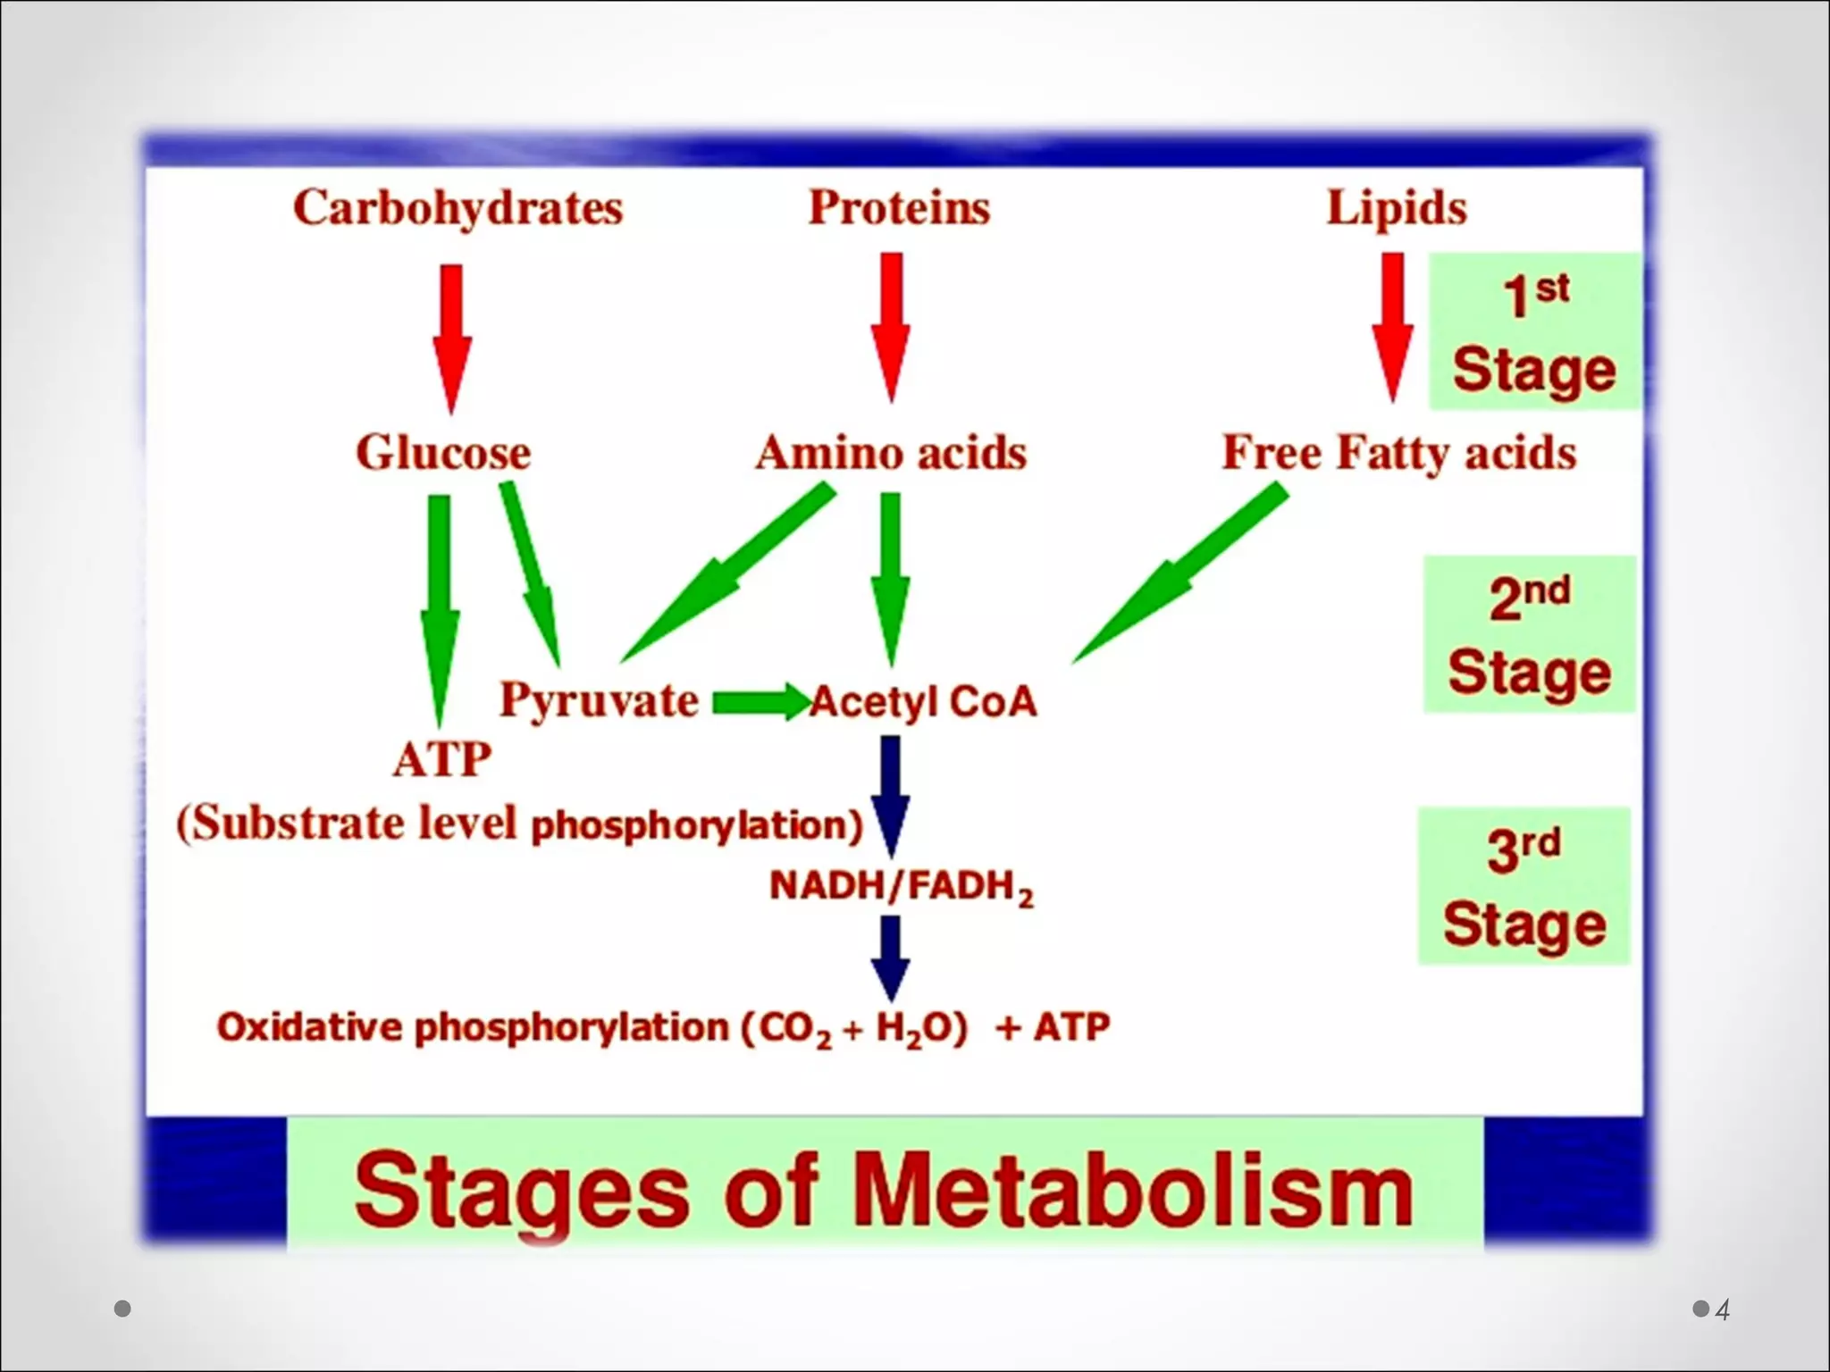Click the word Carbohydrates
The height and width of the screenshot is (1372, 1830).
point(457,209)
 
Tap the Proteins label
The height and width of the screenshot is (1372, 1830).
point(899,208)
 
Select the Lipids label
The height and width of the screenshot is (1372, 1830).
point(1396,208)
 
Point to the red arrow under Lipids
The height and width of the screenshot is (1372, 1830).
point(1392,326)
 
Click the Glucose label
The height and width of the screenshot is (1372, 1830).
point(443,452)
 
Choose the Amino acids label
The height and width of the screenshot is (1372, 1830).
point(891,452)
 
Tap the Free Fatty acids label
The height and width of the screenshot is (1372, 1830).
point(1398,452)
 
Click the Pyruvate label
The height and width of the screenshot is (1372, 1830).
point(599,699)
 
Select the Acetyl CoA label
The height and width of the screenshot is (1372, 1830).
point(924,702)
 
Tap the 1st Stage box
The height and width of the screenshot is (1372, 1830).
point(1534,332)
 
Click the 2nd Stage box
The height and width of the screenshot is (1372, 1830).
point(1529,634)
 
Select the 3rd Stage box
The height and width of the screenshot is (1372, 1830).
point(1524,886)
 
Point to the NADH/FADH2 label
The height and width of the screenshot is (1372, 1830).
point(901,887)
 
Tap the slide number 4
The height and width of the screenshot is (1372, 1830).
point(1722,1309)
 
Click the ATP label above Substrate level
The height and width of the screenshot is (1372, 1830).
point(442,761)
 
